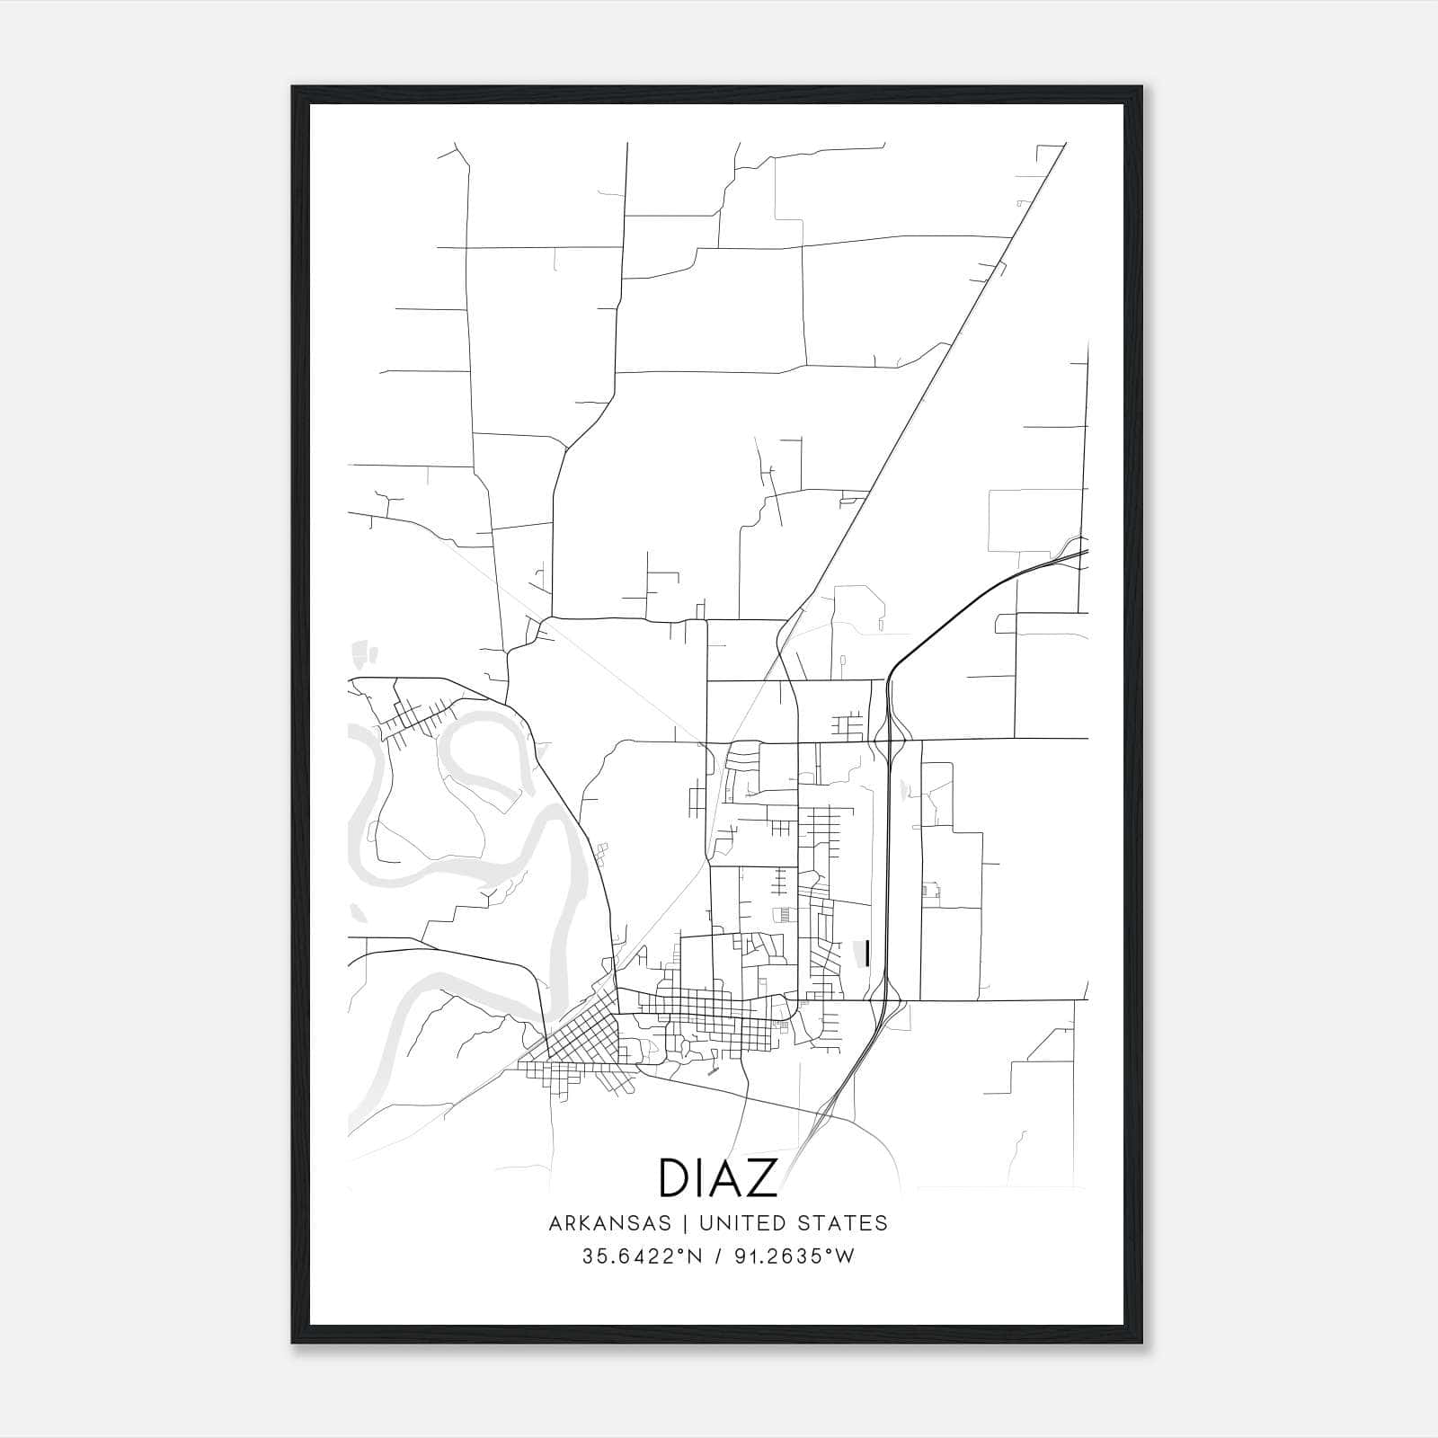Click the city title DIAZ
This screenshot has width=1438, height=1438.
718,1177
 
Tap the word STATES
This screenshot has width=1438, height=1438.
845,1223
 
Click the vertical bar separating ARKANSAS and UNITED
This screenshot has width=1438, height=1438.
685,1223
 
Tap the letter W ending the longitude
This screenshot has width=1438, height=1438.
845,1256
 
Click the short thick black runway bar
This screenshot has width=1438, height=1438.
866,954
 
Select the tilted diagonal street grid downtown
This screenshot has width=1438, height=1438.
580,1034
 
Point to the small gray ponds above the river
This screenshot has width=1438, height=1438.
363,652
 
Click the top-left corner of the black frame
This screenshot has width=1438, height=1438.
293,87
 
